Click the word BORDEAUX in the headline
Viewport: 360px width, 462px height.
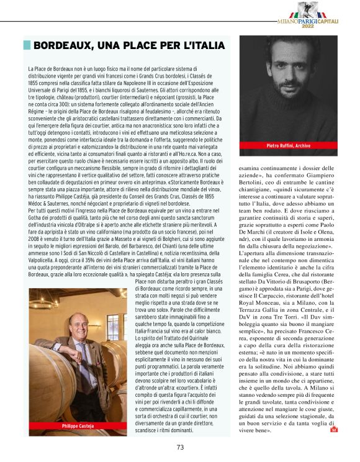[x=62, y=46]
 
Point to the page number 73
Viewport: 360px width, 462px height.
[x=180, y=446]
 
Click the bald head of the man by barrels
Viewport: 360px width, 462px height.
[x=76, y=318]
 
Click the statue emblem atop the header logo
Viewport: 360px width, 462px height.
[x=323, y=9]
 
